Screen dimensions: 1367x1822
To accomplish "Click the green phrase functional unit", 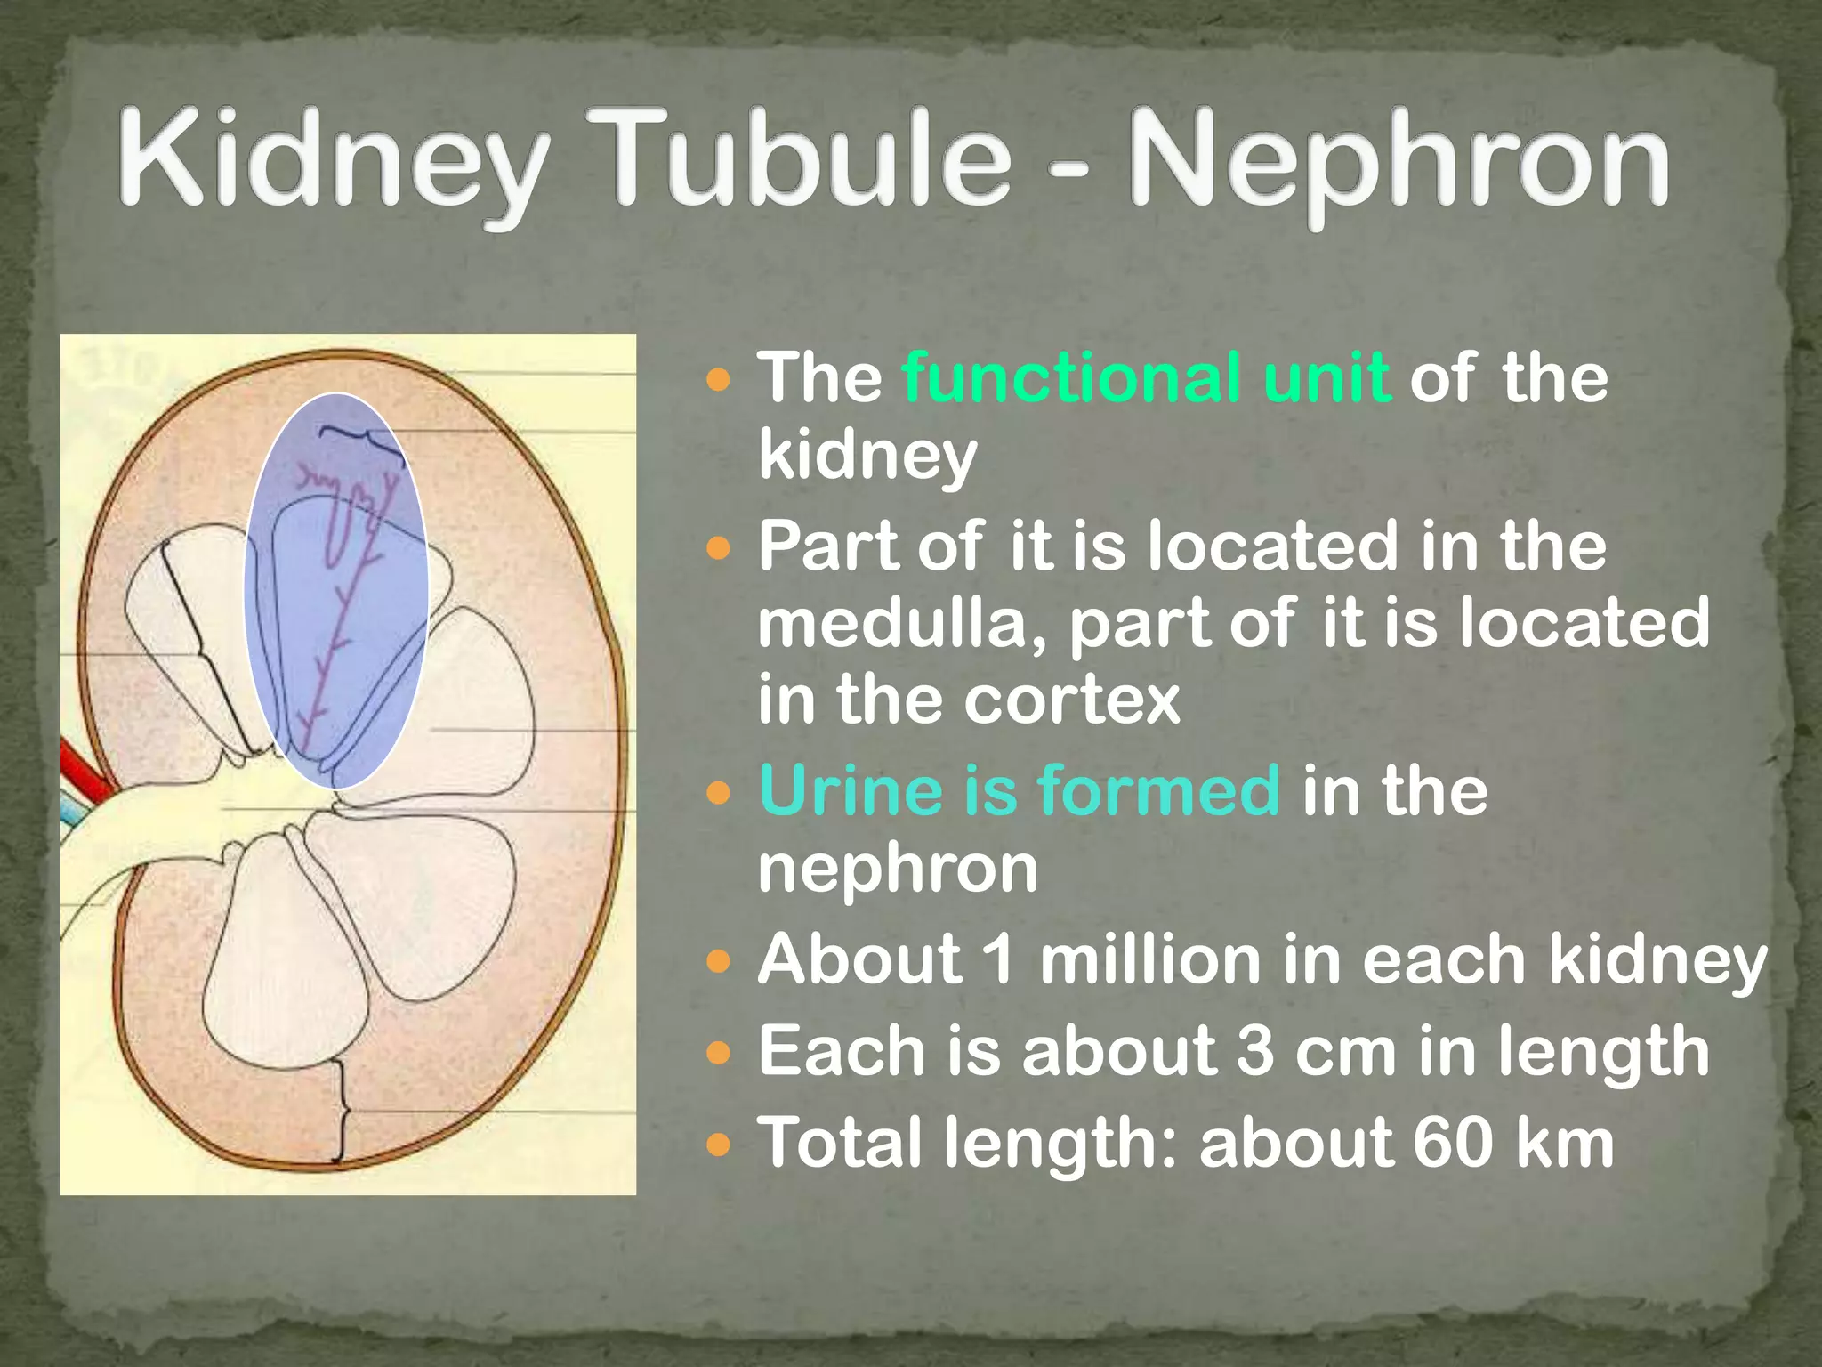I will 1146,378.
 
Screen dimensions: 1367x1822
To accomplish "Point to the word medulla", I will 903,623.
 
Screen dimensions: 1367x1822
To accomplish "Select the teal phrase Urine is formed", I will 1019,790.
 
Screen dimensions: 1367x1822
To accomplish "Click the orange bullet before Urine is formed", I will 717,791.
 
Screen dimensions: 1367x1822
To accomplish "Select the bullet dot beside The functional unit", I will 717,381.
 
